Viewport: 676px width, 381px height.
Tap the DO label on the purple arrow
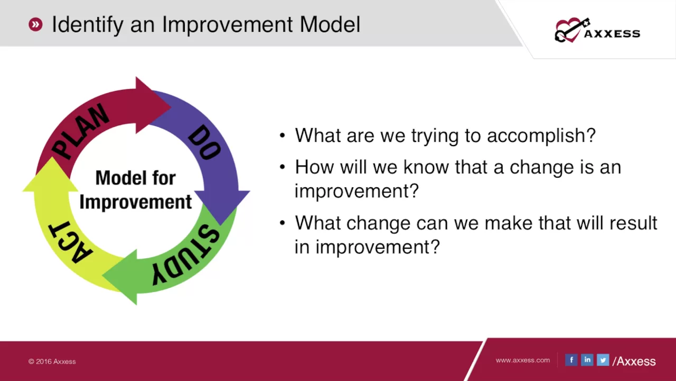[x=204, y=142]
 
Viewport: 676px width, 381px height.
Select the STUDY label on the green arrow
[x=185, y=255]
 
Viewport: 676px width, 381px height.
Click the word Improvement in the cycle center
[x=136, y=202]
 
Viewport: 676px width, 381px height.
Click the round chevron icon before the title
[x=35, y=24]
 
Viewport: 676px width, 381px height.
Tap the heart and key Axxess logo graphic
[x=572, y=30]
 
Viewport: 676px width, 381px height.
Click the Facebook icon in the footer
[x=571, y=360]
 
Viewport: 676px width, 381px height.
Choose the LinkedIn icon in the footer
[x=587, y=360]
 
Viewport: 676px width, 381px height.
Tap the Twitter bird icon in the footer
[x=603, y=360]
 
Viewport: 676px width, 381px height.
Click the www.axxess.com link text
[x=523, y=360]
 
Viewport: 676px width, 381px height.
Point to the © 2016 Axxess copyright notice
[x=52, y=361]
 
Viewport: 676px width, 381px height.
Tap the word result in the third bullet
[x=633, y=223]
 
